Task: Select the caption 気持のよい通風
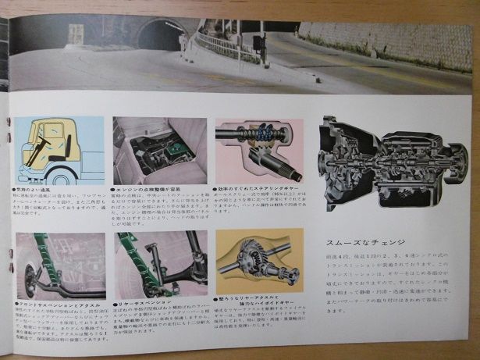click(x=36, y=189)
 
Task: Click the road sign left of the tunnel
click(x=75, y=34)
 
